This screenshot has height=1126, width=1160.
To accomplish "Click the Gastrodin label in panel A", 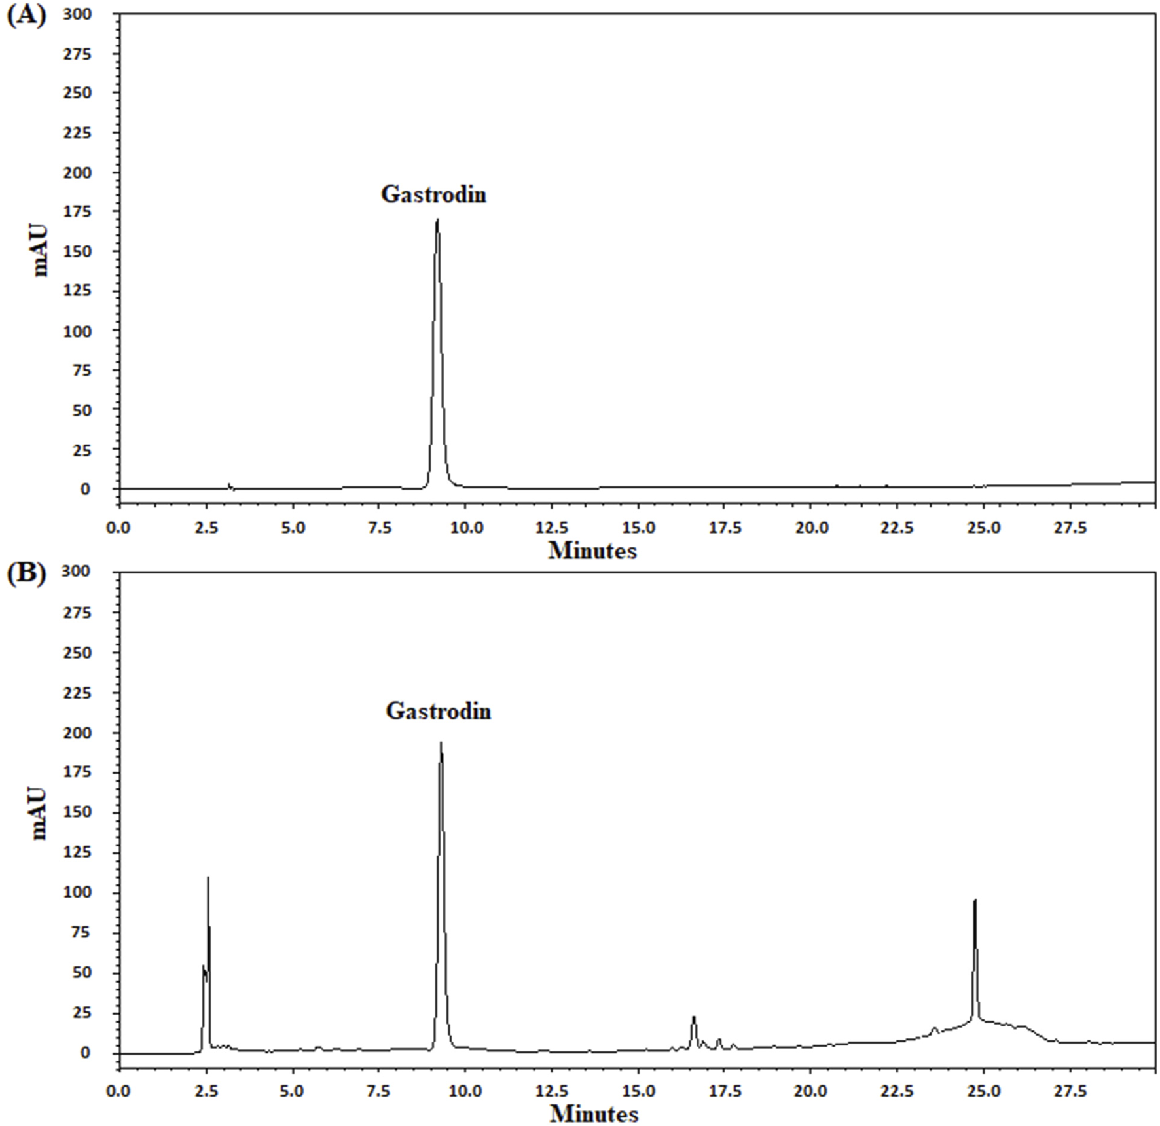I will [433, 194].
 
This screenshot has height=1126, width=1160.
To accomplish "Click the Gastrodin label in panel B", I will [438, 711].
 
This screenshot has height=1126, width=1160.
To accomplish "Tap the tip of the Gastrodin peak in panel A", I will [437, 221].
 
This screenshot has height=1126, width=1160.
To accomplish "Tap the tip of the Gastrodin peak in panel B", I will [441, 743].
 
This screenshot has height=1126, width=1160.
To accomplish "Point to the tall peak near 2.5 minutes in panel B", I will [208, 879].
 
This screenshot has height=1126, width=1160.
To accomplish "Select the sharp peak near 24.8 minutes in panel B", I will [975, 901].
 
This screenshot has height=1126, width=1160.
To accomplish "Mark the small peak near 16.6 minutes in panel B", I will [693, 1017].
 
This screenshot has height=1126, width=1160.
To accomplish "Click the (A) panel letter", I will [26, 15].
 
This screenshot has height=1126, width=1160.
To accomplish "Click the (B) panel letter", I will [26, 573].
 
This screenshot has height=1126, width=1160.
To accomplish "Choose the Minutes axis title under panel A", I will [592, 551].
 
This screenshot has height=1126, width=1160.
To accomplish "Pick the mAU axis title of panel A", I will [41, 251].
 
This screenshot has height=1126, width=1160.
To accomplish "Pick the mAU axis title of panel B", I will [41, 814].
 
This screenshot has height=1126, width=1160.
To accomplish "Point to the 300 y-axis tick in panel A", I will [77, 14].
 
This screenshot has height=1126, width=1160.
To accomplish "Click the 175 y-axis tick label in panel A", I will [77, 212].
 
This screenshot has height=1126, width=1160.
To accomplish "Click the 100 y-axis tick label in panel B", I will [77, 893].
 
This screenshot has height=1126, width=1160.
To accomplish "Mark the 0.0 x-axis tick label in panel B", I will [120, 1091].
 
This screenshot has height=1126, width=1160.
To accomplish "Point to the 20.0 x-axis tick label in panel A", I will [811, 528].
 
